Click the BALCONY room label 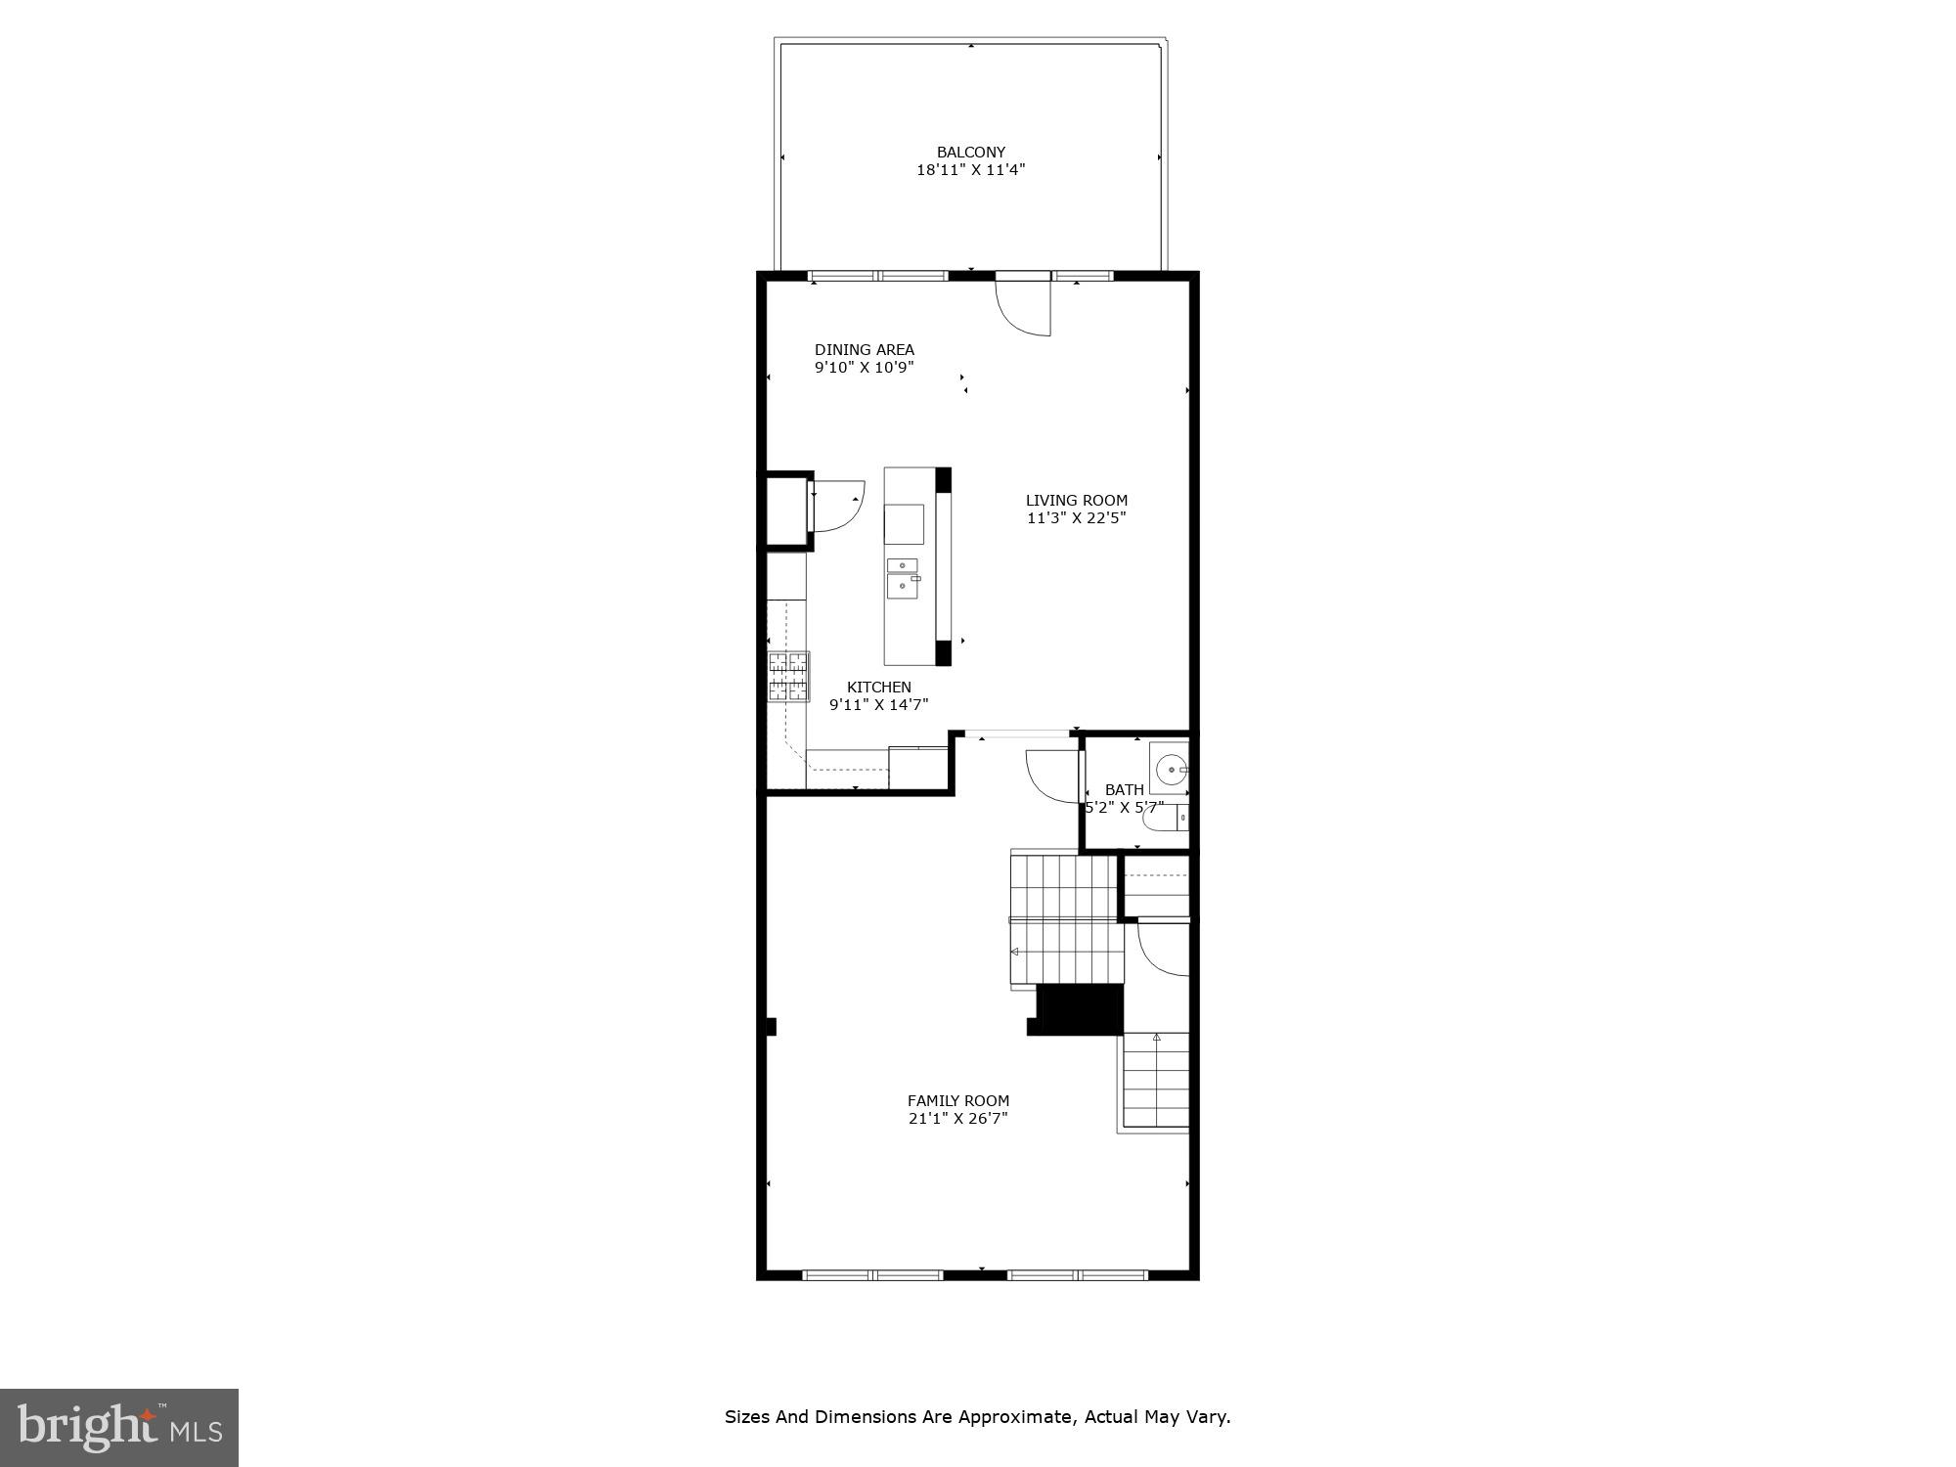[x=970, y=153]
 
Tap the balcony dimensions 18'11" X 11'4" [x=970, y=170]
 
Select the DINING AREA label [x=864, y=350]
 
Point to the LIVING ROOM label [x=1076, y=501]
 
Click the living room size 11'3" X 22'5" [x=1076, y=518]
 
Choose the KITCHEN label [x=878, y=688]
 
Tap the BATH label [x=1124, y=790]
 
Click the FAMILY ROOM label [x=957, y=1101]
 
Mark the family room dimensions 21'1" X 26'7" [x=957, y=1119]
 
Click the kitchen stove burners [x=789, y=677]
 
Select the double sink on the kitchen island [x=903, y=578]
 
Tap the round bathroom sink [x=1169, y=769]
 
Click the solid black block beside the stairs [x=1079, y=1009]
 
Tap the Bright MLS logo [x=118, y=1427]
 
